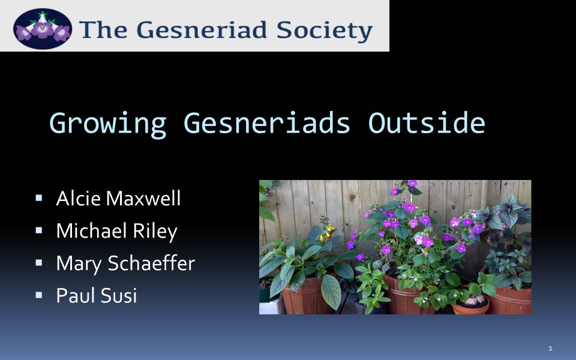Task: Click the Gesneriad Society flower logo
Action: (x=42, y=29)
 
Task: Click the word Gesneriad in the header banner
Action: (x=202, y=30)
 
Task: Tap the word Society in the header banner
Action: (x=325, y=31)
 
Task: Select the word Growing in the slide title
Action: (x=107, y=124)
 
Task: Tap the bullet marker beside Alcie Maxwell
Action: (x=39, y=199)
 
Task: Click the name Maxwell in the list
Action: (x=143, y=199)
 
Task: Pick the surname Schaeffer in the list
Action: (x=151, y=263)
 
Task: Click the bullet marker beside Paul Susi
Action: (x=39, y=295)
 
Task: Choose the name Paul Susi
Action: (x=97, y=295)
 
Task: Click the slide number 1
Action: (x=550, y=348)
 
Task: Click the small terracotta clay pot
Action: (x=470, y=305)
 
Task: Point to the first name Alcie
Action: (x=78, y=199)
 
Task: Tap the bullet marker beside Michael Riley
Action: (x=39, y=230)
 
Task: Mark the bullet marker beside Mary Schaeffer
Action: (x=39, y=263)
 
